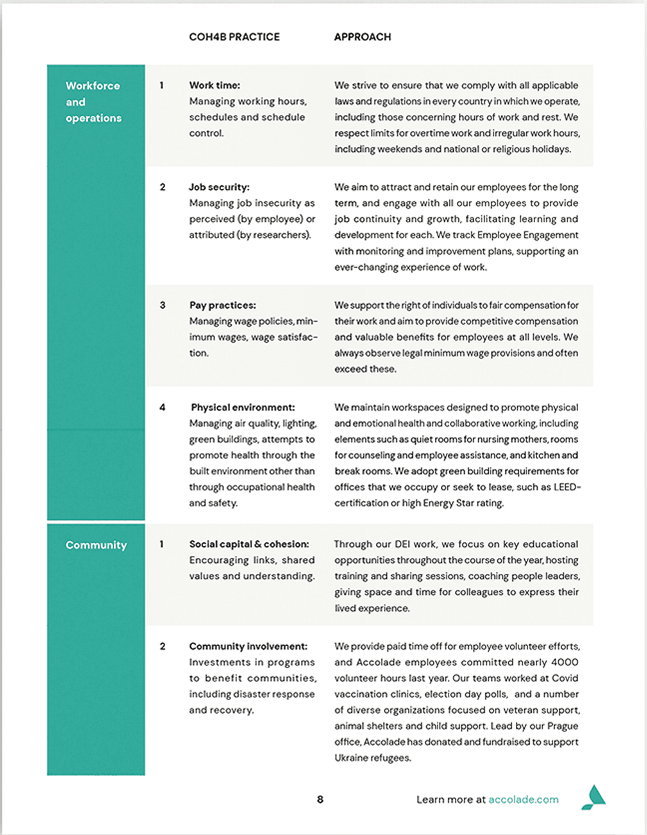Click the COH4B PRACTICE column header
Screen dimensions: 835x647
coord(234,37)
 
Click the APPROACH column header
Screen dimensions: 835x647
coord(362,37)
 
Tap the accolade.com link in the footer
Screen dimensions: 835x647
coord(523,799)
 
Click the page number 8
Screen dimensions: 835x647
coord(320,799)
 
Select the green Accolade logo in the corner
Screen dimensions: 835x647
coord(593,797)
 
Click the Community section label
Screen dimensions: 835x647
coord(96,545)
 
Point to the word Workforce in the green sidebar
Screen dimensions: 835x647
coord(93,86)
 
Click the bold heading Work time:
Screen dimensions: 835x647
coord(214,85)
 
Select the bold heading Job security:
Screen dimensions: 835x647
coord(219,187)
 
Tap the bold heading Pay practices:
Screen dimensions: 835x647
coord(222,305)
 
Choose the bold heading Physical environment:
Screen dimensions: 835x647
coord(243,408)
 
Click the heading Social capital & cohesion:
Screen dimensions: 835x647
coord(249,544)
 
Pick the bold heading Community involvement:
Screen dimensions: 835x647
coord(248,646)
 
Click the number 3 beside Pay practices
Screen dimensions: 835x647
coord(163,305)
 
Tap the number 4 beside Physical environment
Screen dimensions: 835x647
coord(163,408)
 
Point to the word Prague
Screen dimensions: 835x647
coord(563,726)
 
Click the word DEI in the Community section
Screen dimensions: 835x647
coord(402,544)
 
